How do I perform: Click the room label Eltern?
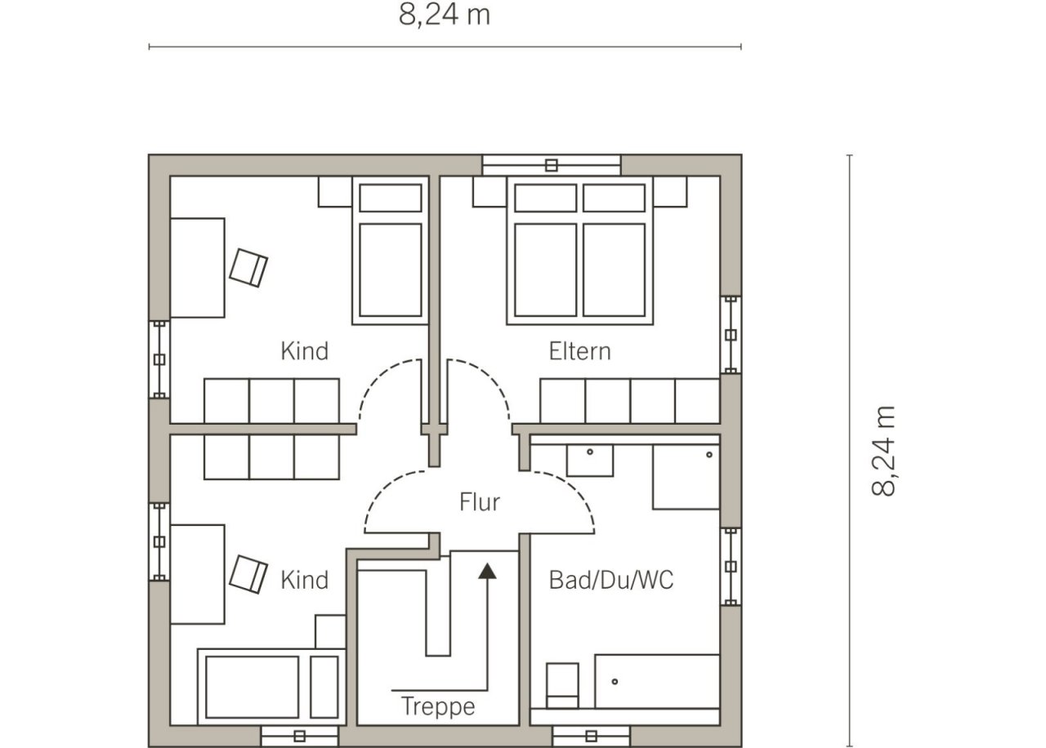579,351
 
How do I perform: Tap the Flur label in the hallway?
480,502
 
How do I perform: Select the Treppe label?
438,706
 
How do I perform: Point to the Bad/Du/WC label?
611,580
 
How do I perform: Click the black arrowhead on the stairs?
487,571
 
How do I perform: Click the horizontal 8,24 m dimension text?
445,15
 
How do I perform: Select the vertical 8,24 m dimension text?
883,451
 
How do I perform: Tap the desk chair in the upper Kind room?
248,268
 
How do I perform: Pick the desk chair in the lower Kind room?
248,574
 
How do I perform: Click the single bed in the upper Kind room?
391,250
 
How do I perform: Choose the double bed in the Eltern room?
580,250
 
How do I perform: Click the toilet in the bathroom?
562,685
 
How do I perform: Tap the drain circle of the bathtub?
615,682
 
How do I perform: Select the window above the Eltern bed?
552,165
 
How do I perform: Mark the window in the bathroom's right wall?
731,567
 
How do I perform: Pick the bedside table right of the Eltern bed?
670,191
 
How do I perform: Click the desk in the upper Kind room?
198,268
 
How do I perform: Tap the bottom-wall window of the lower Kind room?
300,737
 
